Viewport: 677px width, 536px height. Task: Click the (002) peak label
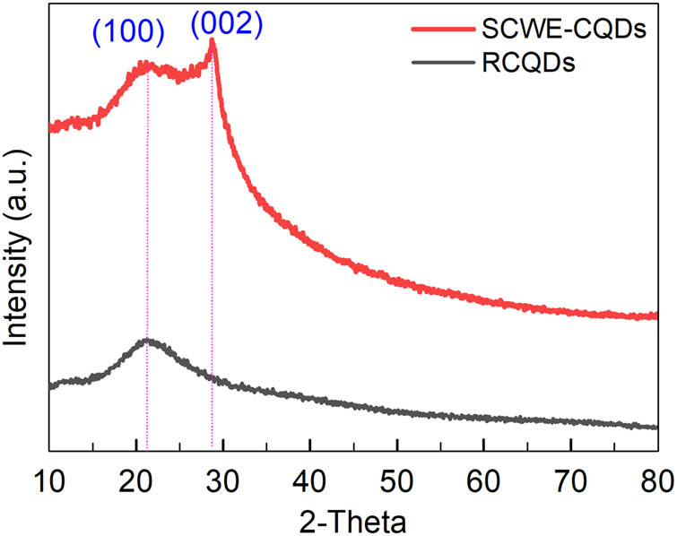(226, 25)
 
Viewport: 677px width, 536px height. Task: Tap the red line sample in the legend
(442, 30)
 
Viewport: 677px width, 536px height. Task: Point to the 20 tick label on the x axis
(136, 472)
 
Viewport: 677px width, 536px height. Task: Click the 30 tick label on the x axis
(223, 472)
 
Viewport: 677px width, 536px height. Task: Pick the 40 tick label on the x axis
(310, 472)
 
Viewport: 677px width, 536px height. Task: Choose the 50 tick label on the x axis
(397, 472)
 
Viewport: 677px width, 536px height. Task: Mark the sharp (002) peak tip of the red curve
(212, 40)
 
